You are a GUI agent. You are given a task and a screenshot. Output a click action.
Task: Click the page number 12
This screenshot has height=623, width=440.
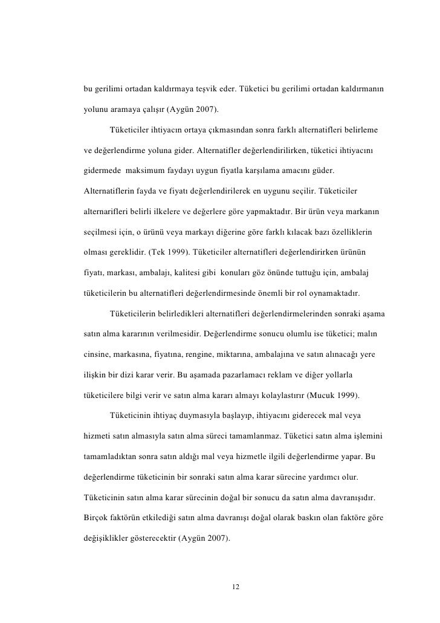coord(236,587)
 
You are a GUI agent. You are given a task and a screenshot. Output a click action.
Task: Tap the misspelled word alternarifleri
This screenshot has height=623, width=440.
coord(105,211)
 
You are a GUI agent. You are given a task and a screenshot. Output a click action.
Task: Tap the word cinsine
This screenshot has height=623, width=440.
coord(97,354)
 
